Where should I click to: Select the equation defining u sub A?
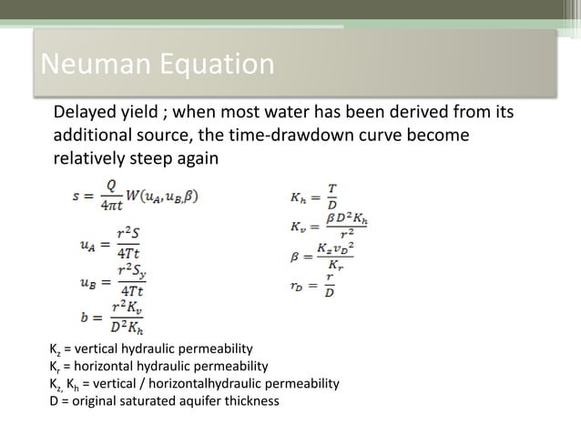tap(116, 243)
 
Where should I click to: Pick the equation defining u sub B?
tap(116, 279)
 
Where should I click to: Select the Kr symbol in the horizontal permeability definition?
tap(54, 367)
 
